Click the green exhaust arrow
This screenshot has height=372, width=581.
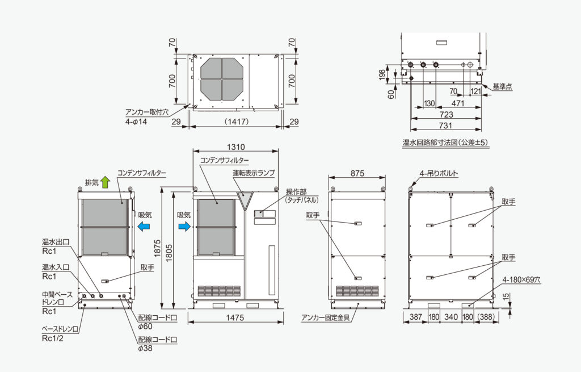(106, 182)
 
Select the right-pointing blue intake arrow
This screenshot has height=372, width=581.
(184, 226)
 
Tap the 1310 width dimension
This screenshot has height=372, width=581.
(235, 147)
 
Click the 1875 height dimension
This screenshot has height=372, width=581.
(157, 249)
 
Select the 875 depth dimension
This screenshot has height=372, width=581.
(357, 173)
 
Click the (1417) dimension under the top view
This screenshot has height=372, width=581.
(237, 122)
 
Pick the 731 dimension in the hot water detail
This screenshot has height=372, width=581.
(445, 126)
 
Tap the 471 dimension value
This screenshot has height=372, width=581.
(458, 103)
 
